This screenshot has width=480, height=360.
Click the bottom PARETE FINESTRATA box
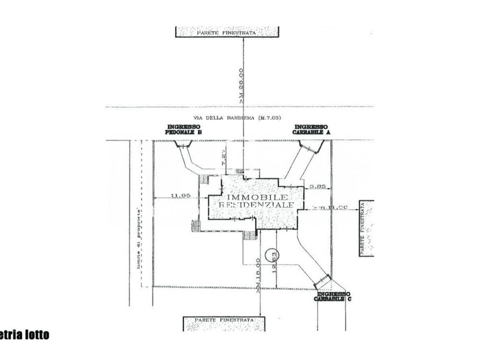tap(223, 323)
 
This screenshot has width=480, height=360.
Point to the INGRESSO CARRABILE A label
tap(311, 130)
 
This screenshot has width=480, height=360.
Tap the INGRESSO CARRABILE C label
tap(334, 296)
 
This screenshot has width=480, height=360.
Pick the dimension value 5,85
tap(317, 187)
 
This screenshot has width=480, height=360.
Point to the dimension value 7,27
tap(223, 157)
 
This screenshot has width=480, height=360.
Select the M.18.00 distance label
tap(257, 274)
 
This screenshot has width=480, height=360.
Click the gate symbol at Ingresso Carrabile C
tap(323, 279)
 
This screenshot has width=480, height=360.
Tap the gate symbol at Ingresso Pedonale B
tap(182, 143)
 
